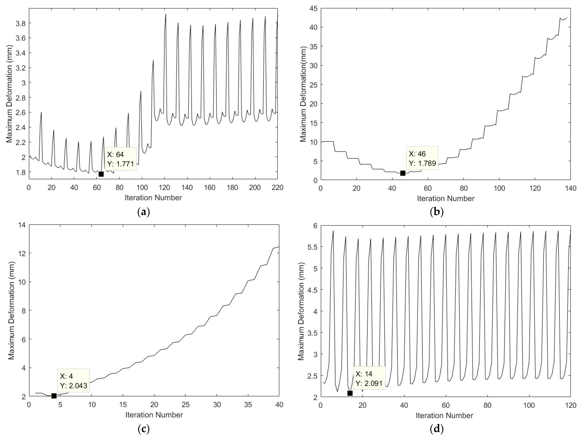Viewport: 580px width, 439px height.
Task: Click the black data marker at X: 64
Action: [101, 174]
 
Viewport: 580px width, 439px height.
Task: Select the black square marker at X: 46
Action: [402, 173]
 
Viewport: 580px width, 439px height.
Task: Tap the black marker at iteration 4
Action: [54, 396]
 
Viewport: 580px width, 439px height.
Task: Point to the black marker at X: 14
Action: [350, 393]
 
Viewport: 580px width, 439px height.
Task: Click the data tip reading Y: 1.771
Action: [120, 159]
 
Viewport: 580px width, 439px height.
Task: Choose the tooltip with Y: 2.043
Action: [73, 381]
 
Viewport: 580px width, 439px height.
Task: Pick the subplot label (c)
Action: [143, 429]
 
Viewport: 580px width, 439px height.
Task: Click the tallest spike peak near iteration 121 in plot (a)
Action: [166, 14]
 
